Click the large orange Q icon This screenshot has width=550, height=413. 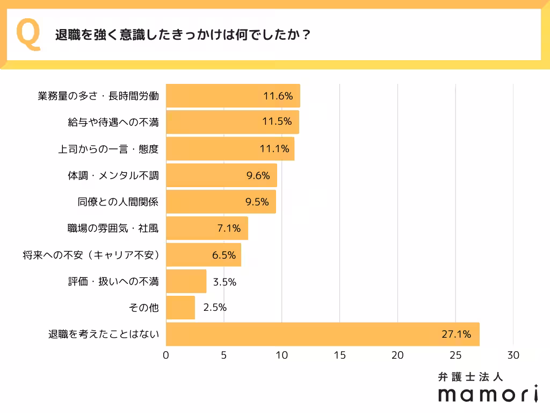[29, 34]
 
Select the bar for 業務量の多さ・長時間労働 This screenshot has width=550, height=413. [233, 96]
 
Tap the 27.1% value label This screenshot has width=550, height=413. [456, 334]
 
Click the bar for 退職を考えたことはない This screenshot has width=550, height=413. [322, 334]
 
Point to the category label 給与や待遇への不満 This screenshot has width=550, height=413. [113, 122]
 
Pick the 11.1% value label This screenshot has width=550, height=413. [275, 149]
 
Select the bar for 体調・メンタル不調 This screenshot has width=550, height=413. [221, 175]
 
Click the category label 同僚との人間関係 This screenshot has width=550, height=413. [119, 202]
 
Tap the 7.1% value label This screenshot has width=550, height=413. [228, 229]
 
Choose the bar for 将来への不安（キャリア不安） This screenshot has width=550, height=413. [203, 255]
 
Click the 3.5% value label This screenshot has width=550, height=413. [225, 282]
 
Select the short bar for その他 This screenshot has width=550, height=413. [180, 308]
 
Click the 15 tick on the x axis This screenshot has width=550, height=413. [339, 355]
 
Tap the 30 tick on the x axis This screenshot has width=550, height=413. [513, 355]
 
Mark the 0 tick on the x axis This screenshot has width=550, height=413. [166, 355]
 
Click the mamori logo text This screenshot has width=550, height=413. [488, 394]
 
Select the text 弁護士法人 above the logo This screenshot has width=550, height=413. [471, 377]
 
